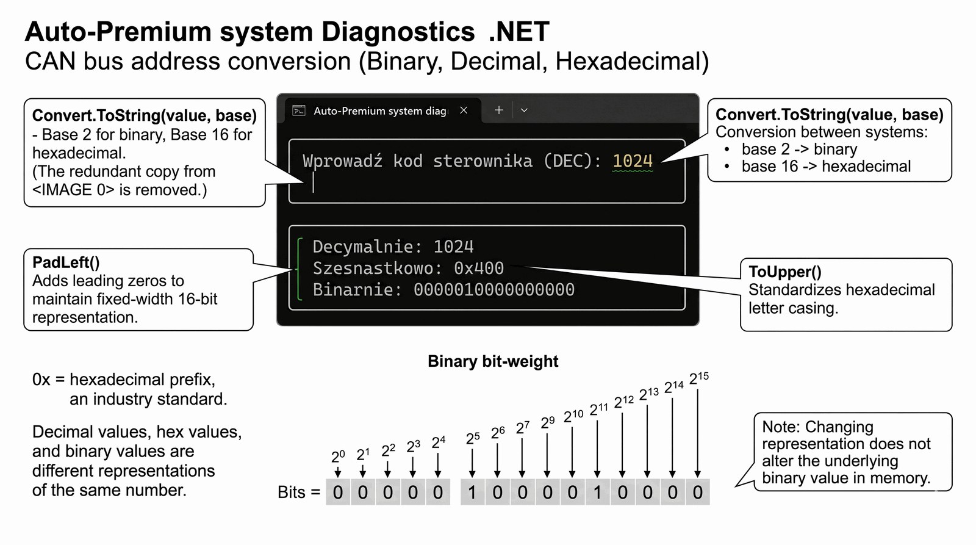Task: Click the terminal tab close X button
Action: click(464, 110)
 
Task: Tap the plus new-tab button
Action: click(498, 110)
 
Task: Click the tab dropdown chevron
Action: click(524, 110)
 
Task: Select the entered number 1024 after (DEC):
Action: click(633, 161)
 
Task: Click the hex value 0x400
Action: click(479, 269)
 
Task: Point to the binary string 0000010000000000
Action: click(494, 290)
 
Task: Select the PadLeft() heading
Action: click(66, 262)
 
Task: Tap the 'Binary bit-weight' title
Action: click(493, 361)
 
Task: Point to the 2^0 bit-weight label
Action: click(338, 456)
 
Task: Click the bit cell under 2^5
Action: click(472, 493)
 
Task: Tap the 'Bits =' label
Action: click(298, 493)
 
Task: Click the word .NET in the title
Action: click(519, 32)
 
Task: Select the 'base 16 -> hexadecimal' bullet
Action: click(826, 167)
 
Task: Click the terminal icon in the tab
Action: click(299, 110)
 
